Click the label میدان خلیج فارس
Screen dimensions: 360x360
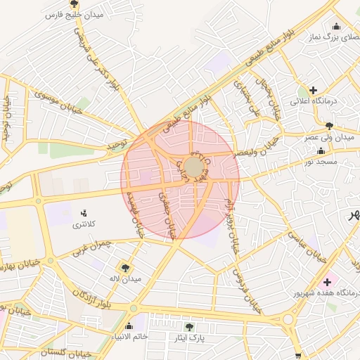click(73, 15)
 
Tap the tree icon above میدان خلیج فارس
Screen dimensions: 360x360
click(74, 4)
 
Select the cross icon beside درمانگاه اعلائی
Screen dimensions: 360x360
click(313, 90)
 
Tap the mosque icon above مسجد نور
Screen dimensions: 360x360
click(321, 151)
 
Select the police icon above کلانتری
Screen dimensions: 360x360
click(85, 213)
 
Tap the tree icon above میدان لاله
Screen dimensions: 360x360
click(126, 268)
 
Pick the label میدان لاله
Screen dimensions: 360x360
click(126, 279)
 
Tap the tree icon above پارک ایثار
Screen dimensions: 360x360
click(188, 326)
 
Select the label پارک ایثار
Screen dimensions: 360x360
click(189, 338)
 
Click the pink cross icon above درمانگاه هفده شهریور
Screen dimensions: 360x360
click(327, 282)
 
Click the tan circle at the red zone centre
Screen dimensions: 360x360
click(193, 167)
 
